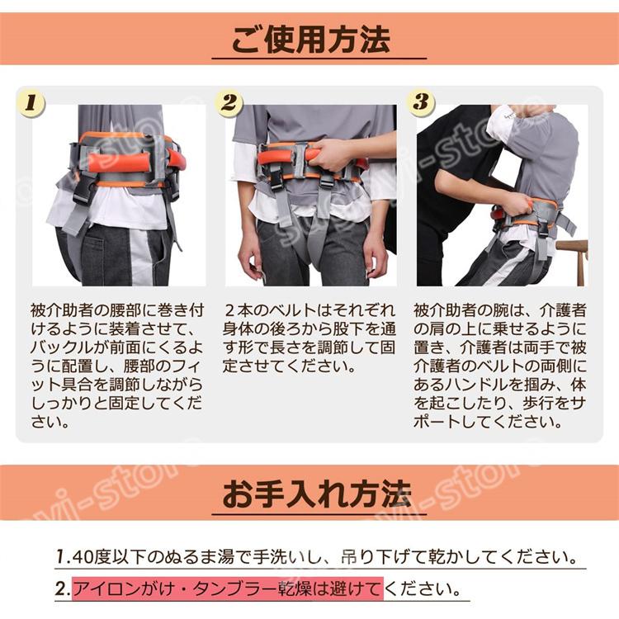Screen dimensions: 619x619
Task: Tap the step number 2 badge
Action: [x=229, y=103]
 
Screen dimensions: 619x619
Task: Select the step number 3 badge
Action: [x=421, y=102]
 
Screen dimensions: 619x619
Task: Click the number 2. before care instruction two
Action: [x=63, y=589]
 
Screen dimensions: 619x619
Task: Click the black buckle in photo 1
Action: [x=83, y=190]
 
